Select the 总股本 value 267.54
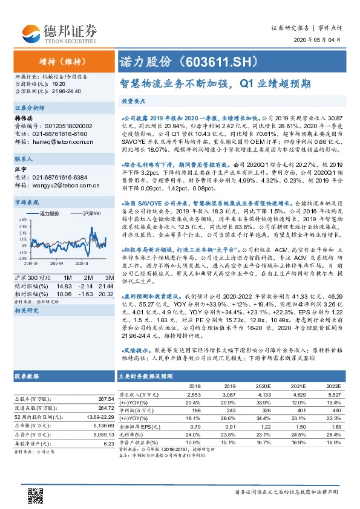tap(105, 399)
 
